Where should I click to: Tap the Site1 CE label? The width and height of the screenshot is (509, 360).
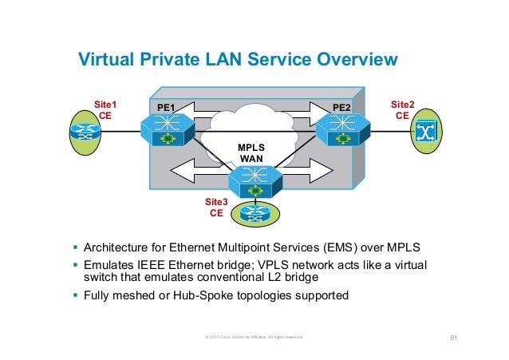pyautogui.click(x=105, y=109)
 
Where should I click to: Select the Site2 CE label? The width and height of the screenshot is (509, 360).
pyautogui.click(x=401, y=109)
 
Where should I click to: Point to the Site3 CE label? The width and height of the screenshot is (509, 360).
pyautogui.click(x=216, y=208)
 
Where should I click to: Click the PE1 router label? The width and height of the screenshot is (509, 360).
pyautogui.click(x=166, y=107)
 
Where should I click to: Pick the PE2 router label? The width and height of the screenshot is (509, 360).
pyautogui.click(x=341, y=107)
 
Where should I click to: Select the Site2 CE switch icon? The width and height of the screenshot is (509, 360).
pyautogui.click(x=425, y=132)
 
